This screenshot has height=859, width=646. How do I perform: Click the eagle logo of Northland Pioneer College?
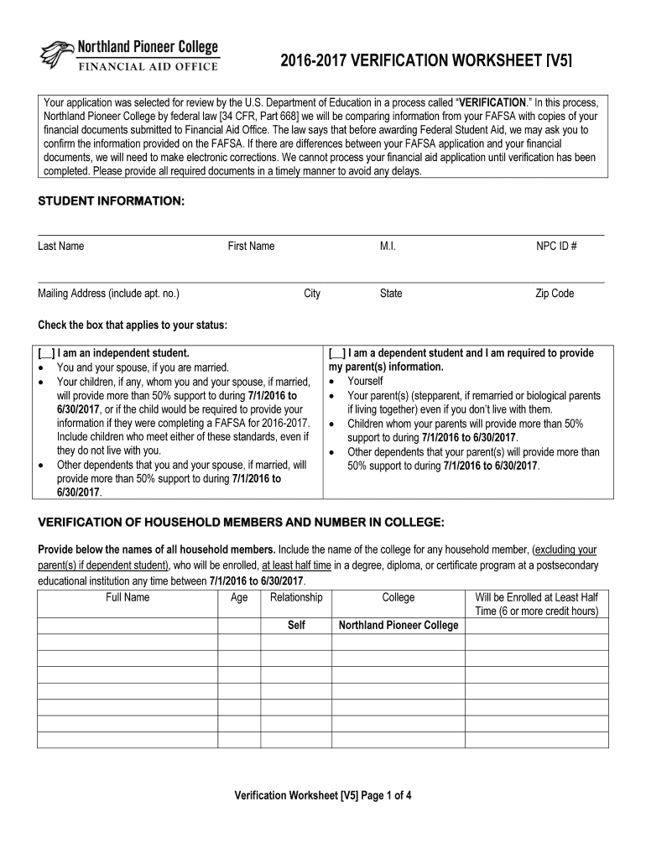coord(57,55)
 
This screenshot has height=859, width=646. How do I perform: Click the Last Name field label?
coord(60,246)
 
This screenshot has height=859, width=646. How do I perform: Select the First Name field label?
coord(251,246)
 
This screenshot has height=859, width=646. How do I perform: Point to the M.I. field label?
coord(387,246)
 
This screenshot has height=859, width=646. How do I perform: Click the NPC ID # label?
coord(556,246)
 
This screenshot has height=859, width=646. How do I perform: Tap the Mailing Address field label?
coord(108,294)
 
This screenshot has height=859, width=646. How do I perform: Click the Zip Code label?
coord(555,294)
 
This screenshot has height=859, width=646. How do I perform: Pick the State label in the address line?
coord(390,294)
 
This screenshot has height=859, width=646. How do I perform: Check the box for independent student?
coord(47,353)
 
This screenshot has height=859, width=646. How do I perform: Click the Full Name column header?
coord(128,597)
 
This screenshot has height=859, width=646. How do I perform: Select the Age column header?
coord(239,597)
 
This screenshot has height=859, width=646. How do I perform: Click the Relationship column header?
coord(296,597)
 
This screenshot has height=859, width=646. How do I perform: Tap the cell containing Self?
coord(296,625)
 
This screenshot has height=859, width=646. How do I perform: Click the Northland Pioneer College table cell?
coord(398,625)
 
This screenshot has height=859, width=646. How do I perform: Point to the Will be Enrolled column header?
coord(536,604)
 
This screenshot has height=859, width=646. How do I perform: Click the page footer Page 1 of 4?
coord(323,796)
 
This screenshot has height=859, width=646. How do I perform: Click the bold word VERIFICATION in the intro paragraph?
coord(491,102)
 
